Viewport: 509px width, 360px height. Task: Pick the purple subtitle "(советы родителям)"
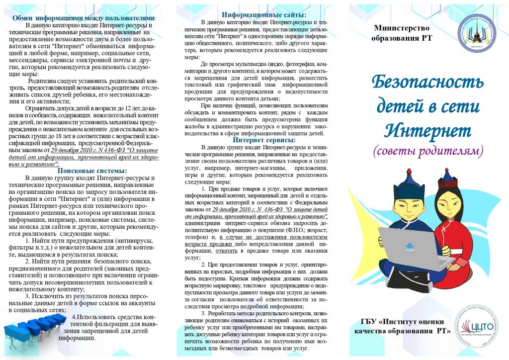pos(428,151)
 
